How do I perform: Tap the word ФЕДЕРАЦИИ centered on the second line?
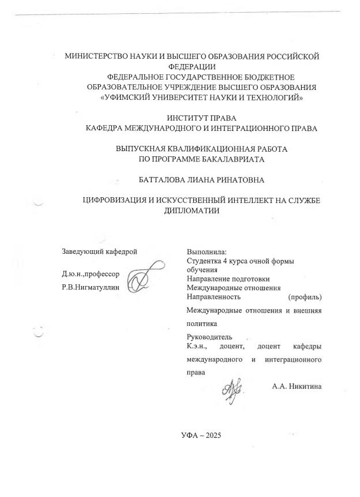[192, 67]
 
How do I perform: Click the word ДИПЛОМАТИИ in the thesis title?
[192, 210]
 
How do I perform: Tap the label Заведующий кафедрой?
[100, 251]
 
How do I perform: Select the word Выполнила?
[207, 251]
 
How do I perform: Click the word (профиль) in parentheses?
[304, 297]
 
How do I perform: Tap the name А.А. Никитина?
[297, 386]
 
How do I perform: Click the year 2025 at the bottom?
[209, 435]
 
